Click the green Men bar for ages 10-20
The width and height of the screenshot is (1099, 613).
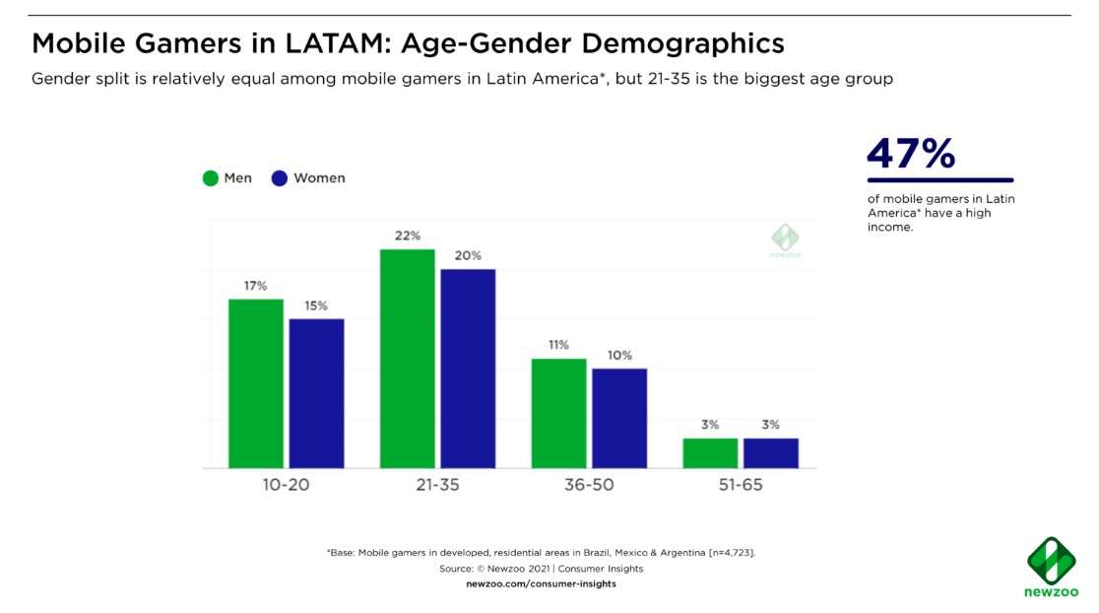256,383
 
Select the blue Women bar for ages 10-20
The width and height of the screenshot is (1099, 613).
316,393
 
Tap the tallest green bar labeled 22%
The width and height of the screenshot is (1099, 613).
408,359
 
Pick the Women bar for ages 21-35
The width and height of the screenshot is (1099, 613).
468,369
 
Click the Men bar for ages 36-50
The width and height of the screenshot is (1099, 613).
559,413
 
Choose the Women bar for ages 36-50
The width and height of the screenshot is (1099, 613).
619,418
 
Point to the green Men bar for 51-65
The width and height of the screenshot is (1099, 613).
710,453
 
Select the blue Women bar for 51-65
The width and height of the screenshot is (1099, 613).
771,453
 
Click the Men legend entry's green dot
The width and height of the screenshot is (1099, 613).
211,178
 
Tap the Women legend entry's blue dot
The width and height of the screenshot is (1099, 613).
280,178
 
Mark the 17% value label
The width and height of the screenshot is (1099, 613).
256,286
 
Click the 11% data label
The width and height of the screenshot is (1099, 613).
559,346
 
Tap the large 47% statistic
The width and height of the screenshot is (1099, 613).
911,154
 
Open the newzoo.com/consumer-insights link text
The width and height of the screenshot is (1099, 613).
541,584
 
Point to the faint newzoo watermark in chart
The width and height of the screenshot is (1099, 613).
785,240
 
